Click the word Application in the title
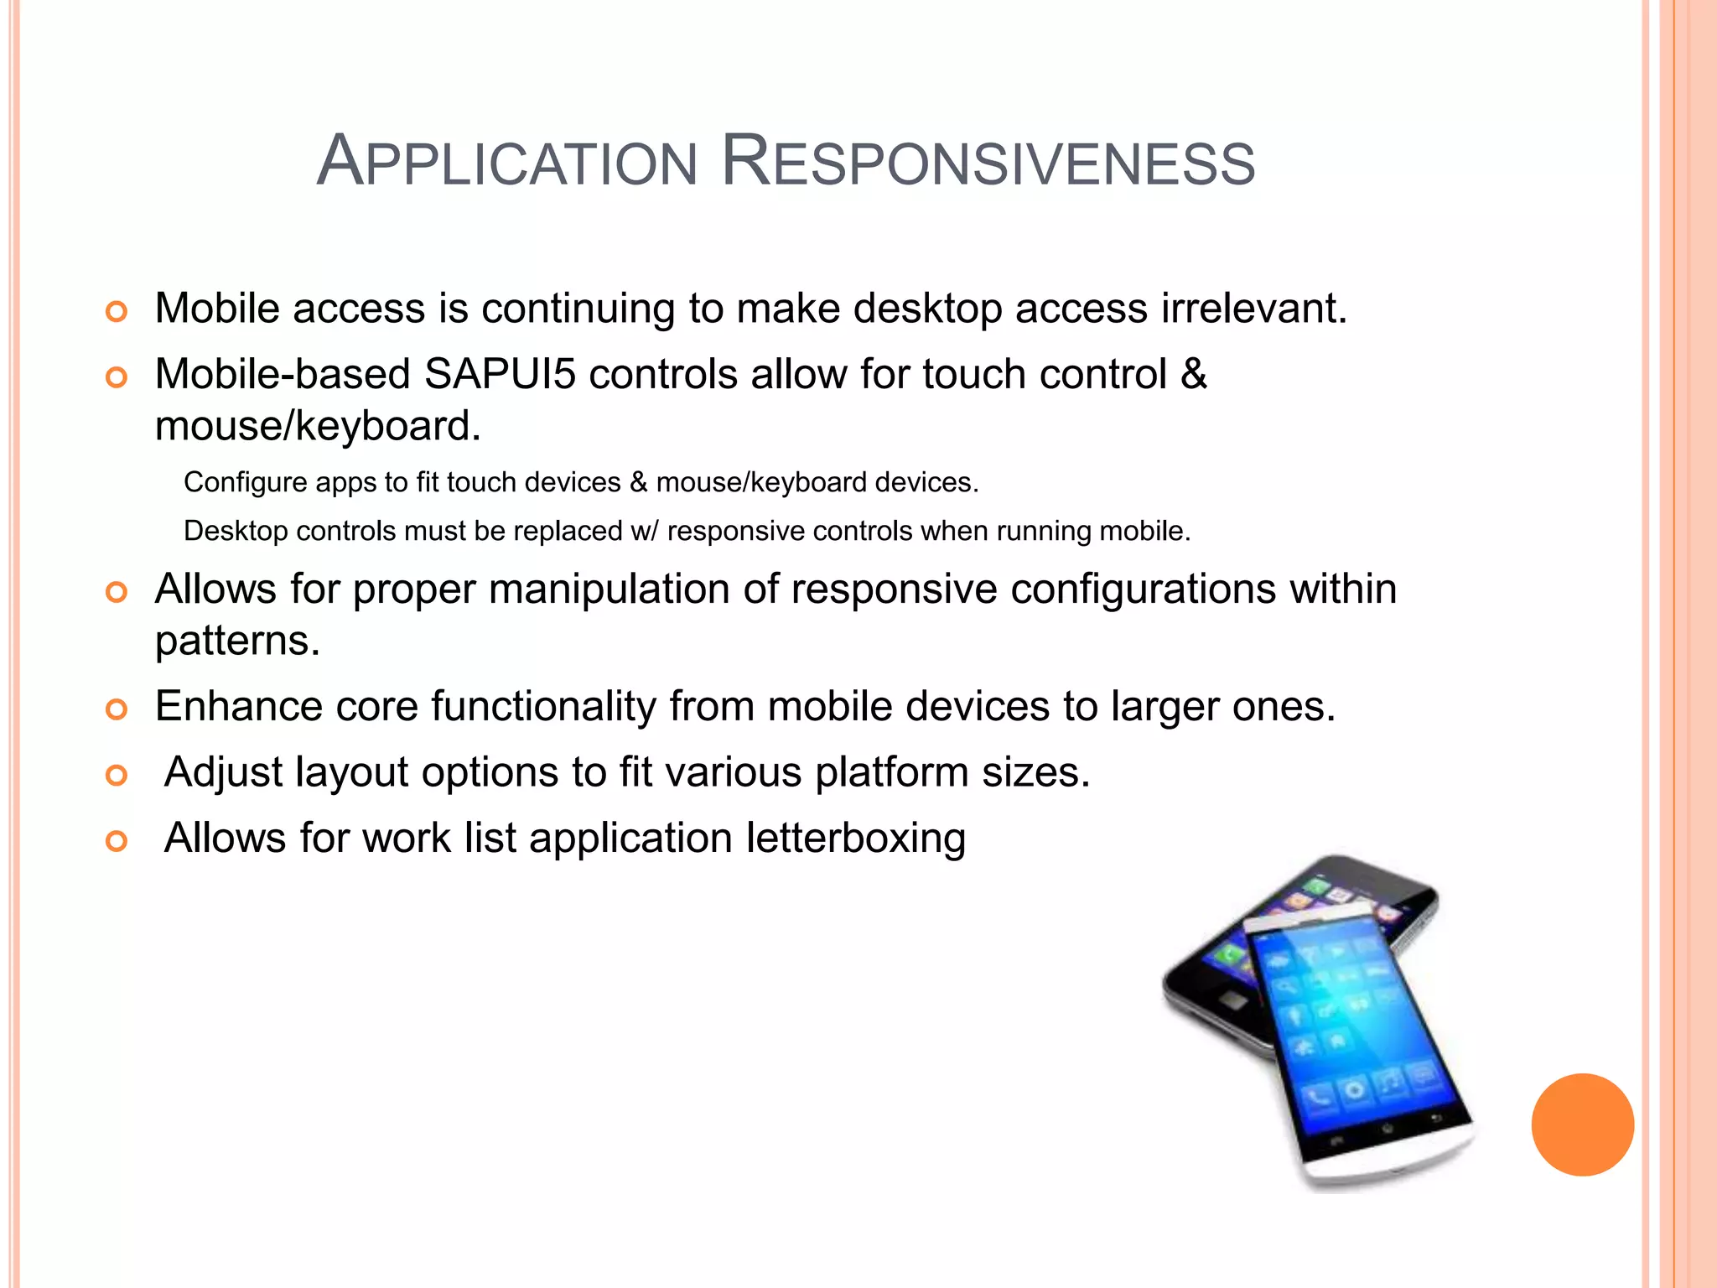[507, 161]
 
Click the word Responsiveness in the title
[988, 161]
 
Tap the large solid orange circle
[1582, 1124]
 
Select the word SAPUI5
[500, 374]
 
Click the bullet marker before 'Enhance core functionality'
[117, 709]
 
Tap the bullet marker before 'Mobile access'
[117, 312]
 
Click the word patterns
[237, 641]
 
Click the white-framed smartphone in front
[1358, 1048]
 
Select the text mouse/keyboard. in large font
[318, 426]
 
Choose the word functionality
[543, 706]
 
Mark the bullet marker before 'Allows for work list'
[117, 841]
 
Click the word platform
[891, 772]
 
